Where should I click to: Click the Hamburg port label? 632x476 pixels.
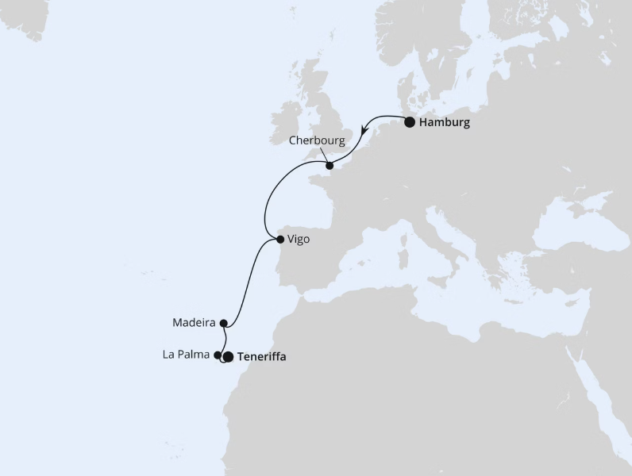pyautogui.click(x=445, y=123)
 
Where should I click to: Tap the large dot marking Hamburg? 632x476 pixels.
pyautogui.click(x=410, y=122)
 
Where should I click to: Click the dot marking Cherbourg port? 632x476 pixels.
pyautogui.click(x=329, y=166)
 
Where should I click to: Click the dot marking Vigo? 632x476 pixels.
pyautogui.click(x=279, y=239)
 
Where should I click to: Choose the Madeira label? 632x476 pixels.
pyautogui.click(x=194, y=323)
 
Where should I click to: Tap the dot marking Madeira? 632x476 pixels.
pyautogui.click(x=224, y=323)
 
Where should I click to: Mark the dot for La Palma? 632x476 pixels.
pyautogui.click(x=218, y=355)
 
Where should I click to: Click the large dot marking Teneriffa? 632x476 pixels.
pyautogui.click(x=229, y=357)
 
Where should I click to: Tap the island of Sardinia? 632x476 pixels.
pyautogui.click(x=402, y=262)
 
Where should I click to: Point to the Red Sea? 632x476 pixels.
pyautogui.click(x=603, y=413)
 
